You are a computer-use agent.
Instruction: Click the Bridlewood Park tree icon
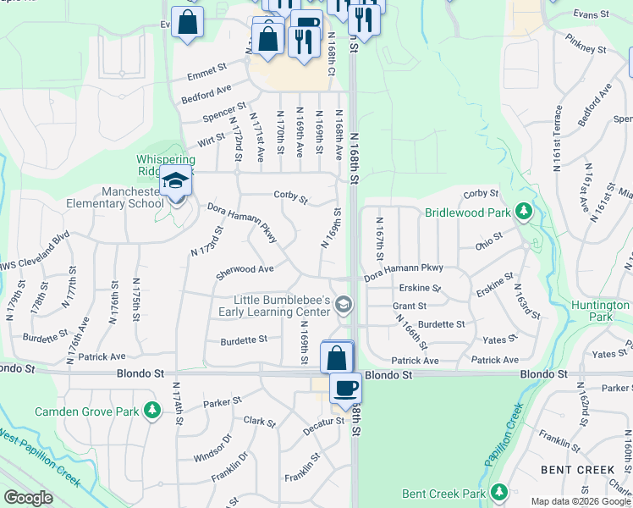pyautogui.click(x=525, y=210)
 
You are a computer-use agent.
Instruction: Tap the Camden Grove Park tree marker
pyautogui.click(x=152, y=411)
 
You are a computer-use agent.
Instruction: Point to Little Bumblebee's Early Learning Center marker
pyautogui.click(x=344, y=304)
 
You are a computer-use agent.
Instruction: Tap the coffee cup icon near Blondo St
pyautogui.click(x=345, y=389)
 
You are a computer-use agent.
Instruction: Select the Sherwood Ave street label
pyautogui.click(x=245, y=270)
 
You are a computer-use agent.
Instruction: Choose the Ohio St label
pyautogui.click(x=487, y=238)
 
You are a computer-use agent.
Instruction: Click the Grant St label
pyautogui.click(x=409, y=306)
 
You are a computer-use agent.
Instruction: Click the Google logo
pyautogui.click(x=28, y=498)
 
